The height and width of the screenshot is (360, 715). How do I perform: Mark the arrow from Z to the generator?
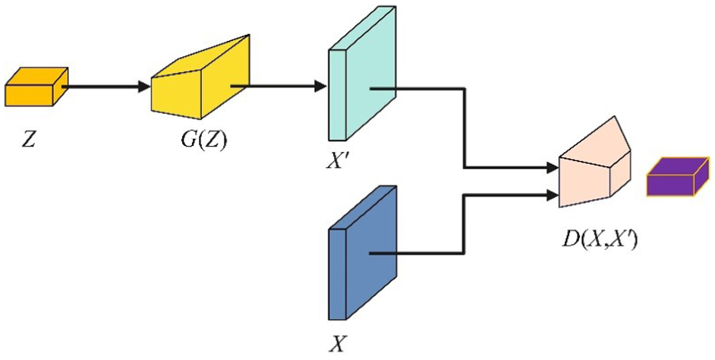pyautogui.click(x=106, y=86)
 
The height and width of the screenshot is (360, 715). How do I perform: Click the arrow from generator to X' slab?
pyautogui.click(x=281, y=86)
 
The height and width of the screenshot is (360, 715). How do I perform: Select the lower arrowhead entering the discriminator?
pyautogui.click(x=553, y=195)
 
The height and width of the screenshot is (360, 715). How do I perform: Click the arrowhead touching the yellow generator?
pyautogui.click(x=145, y=86)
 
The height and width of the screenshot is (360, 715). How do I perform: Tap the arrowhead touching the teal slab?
pyautogui.click(x=320, y=86)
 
